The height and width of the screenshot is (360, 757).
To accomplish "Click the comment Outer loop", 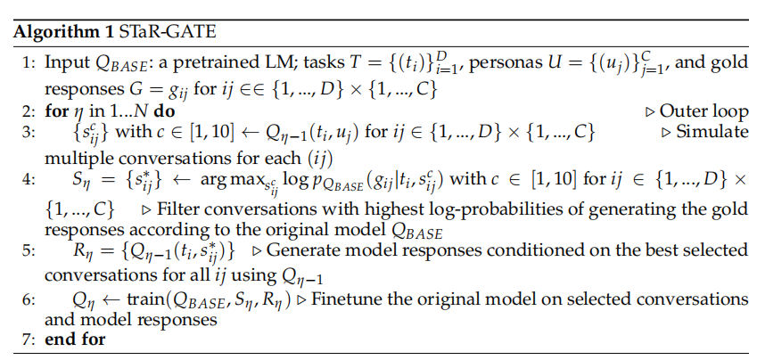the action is coord(704,111).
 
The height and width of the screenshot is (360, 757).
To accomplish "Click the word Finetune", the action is coord(356,299).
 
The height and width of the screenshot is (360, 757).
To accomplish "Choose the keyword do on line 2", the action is coord(164,111).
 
